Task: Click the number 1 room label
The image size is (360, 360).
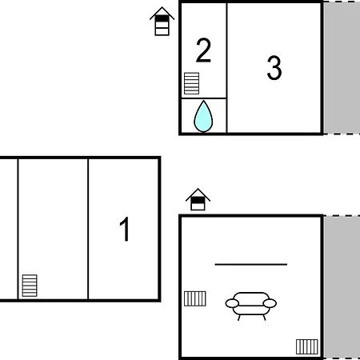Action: click(125, 229)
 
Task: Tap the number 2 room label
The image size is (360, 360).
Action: click(203, 50)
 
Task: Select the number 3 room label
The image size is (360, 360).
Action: click(274, 68)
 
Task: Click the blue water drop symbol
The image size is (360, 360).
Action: click(203, 116)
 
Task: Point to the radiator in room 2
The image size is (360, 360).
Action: click(191, 83)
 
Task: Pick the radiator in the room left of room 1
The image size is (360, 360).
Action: click(30, 286)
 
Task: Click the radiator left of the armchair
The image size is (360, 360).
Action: click(195, 298)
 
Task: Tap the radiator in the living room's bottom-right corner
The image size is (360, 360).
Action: click(307, 346)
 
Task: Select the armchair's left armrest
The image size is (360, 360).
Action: click(232, 303)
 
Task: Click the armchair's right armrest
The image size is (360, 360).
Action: click(270, 303)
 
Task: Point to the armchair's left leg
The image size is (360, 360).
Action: click(239, 318)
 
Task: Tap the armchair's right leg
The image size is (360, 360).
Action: click(264, 318)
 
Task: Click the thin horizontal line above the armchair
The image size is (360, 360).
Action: click(251, 265)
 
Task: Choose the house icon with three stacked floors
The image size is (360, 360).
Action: click(162, 22)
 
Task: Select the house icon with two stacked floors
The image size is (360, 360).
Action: click(198, 199)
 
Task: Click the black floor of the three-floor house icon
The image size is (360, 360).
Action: click(162, 18)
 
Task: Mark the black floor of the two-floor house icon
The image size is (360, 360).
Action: click(198, 200)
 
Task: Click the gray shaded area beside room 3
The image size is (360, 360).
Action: click(342, 68)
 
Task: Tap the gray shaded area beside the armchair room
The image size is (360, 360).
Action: click(342, 287)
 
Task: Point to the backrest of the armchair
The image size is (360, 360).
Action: click(251, 298)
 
